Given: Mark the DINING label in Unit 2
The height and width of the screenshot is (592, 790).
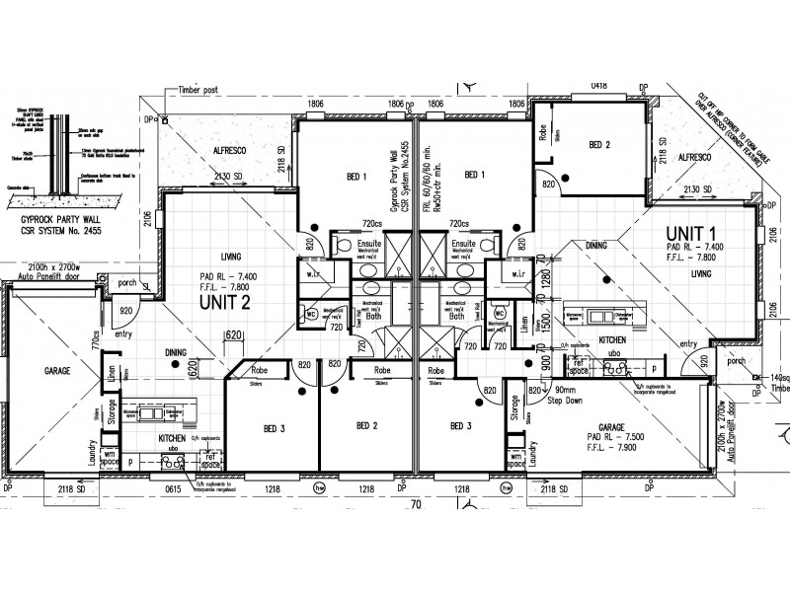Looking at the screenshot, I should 177,351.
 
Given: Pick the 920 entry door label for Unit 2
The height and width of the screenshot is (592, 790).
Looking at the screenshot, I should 126,312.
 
